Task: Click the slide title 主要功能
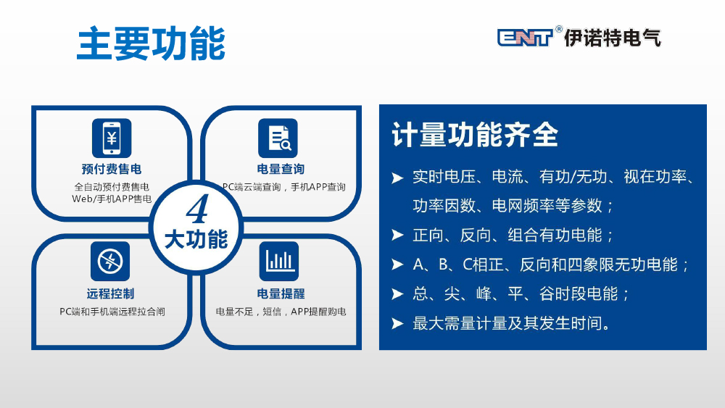151,43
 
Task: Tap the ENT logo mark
525,38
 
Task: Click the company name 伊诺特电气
613,38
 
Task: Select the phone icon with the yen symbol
112,138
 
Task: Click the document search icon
278,138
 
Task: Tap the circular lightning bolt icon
110,261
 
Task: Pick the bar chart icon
279,261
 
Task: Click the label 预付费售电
112,169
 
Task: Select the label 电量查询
281,169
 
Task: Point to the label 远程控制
110,294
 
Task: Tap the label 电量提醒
281,294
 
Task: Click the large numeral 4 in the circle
197,209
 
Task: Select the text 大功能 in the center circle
196,239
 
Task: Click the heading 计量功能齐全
475,135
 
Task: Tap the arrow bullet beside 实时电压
397,178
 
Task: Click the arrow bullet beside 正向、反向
397,236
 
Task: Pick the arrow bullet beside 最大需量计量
397,323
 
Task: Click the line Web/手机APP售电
112,199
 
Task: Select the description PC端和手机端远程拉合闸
112,312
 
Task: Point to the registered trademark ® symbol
558,29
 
